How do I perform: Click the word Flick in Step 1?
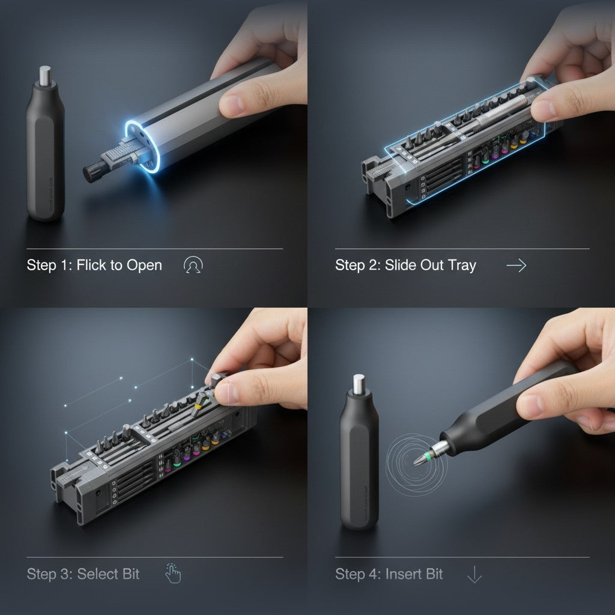click(x=91, y=265)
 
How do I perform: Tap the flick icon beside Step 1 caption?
click(x=193, y=265)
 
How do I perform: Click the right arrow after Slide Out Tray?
click(x=516, y=265)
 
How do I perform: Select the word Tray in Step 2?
click(x=462, y=265)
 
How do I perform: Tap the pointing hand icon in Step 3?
click(x=173, y=574)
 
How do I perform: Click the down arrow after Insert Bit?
click(x=474, y=575)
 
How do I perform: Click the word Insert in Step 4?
click(x=406, y=574)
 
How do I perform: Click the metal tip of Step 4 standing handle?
click(x=359, y=384)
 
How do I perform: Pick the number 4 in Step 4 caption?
click(x=375, y=574)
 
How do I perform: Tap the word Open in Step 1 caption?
click(x=144, y=265)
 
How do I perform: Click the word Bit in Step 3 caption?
click(x=130, y=574)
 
